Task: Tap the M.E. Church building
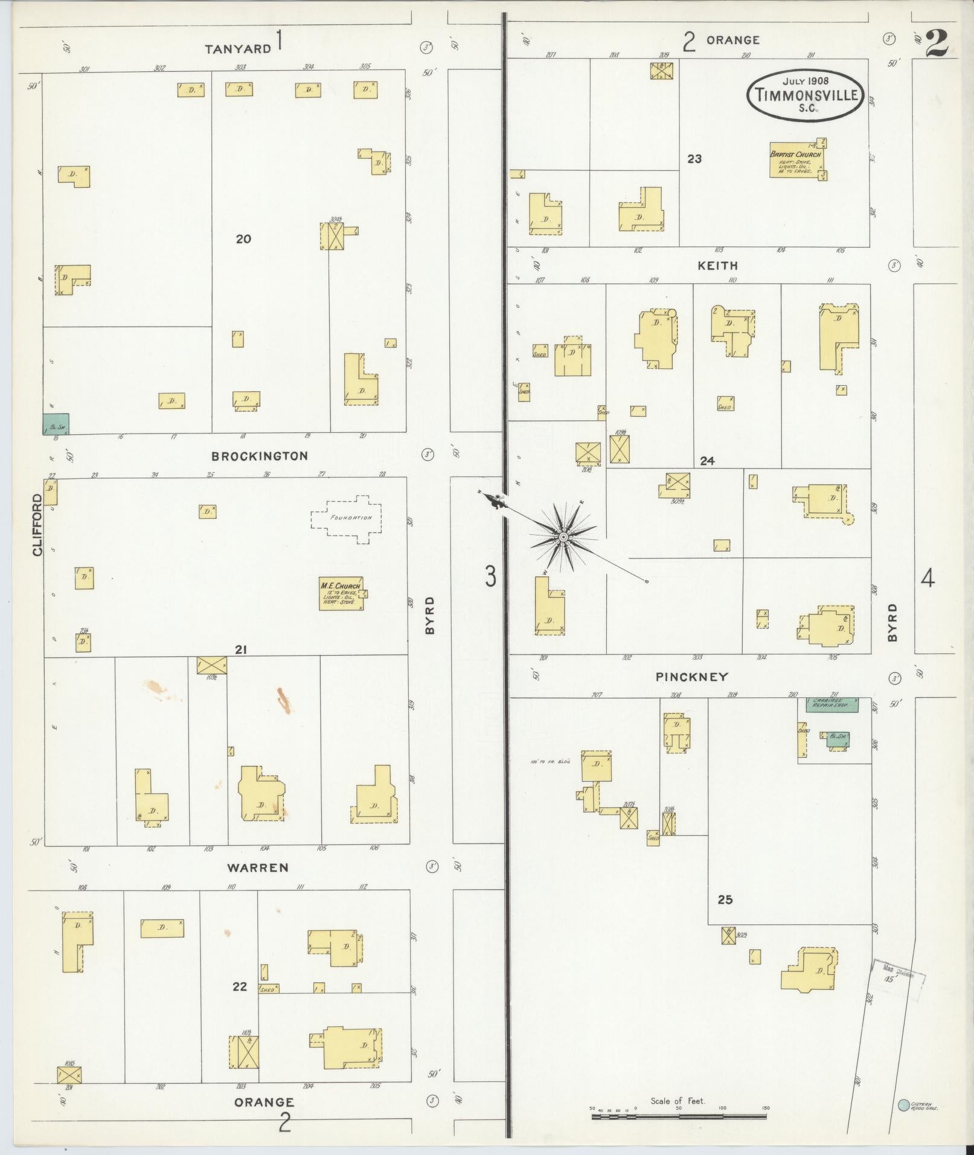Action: pos(341,594)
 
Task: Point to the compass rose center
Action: pos(563,537)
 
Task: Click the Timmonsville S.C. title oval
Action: pos(805,95)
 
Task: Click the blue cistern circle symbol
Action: pos(903,1104)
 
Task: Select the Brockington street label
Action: pos(260,456)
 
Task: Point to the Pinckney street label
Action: pos(692,677)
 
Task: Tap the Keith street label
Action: pos(717,266)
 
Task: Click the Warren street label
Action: pos(258,868)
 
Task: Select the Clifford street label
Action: pos(38,525)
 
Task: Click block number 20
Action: pos(243,239)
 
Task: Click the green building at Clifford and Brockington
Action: pos(56,424)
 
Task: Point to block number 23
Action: pos(694,159)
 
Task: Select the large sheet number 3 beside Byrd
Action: pos(490,577)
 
